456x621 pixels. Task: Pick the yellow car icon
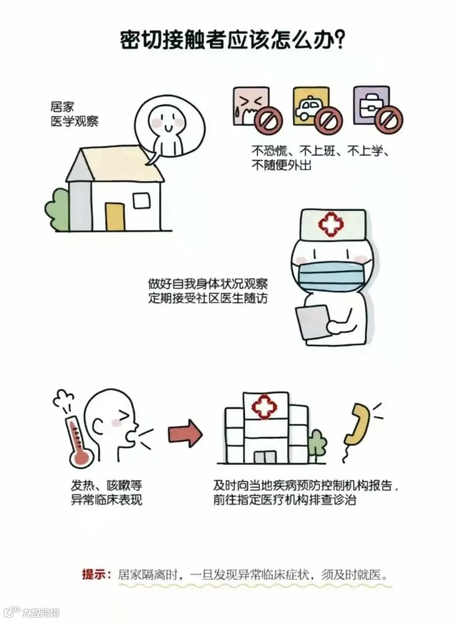pos(310,105)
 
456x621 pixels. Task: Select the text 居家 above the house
pos(62,107)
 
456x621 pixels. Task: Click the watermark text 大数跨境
pos(41,612)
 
